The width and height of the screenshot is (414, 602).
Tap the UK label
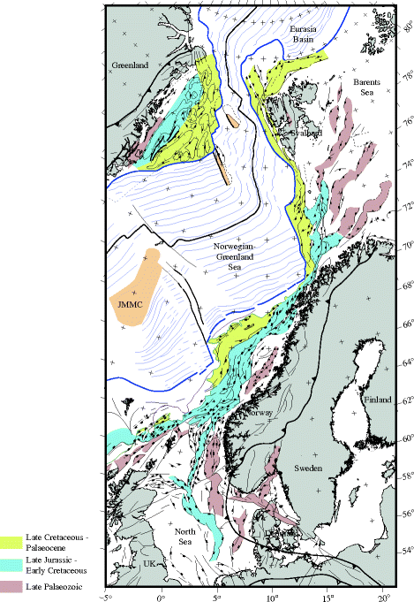(148, 562)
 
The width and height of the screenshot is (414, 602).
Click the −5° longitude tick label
(106, 594)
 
